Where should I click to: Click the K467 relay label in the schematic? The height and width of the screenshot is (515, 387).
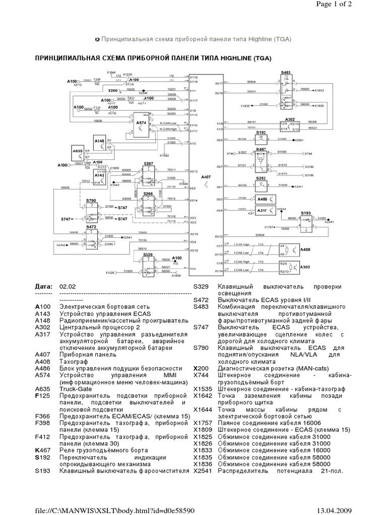click(x=261, y=149)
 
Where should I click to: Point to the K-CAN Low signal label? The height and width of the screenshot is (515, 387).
click(x=168, y=123)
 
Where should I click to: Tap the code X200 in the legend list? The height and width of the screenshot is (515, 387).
click(x=201, y=368)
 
